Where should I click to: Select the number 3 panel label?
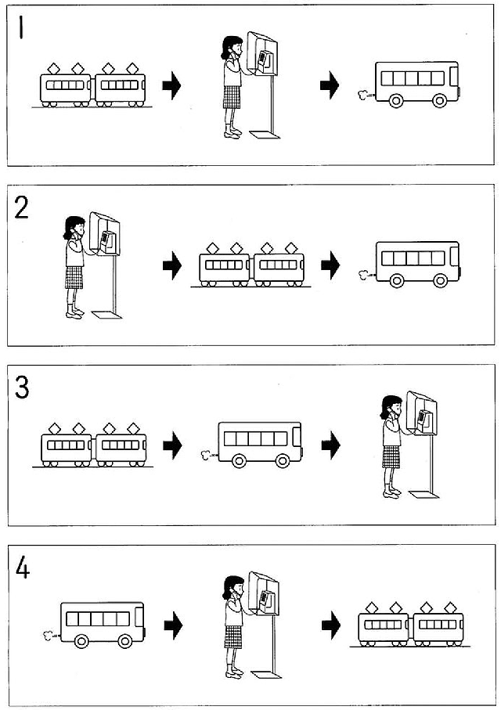coord(22,387)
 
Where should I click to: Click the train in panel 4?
coord(411,627)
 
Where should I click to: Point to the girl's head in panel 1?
coord(230,48)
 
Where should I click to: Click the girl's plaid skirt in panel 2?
coord(74,277)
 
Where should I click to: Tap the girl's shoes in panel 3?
coord(391,492)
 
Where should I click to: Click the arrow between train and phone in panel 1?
coord(171,85)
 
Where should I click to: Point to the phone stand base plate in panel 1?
coord(264,135)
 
